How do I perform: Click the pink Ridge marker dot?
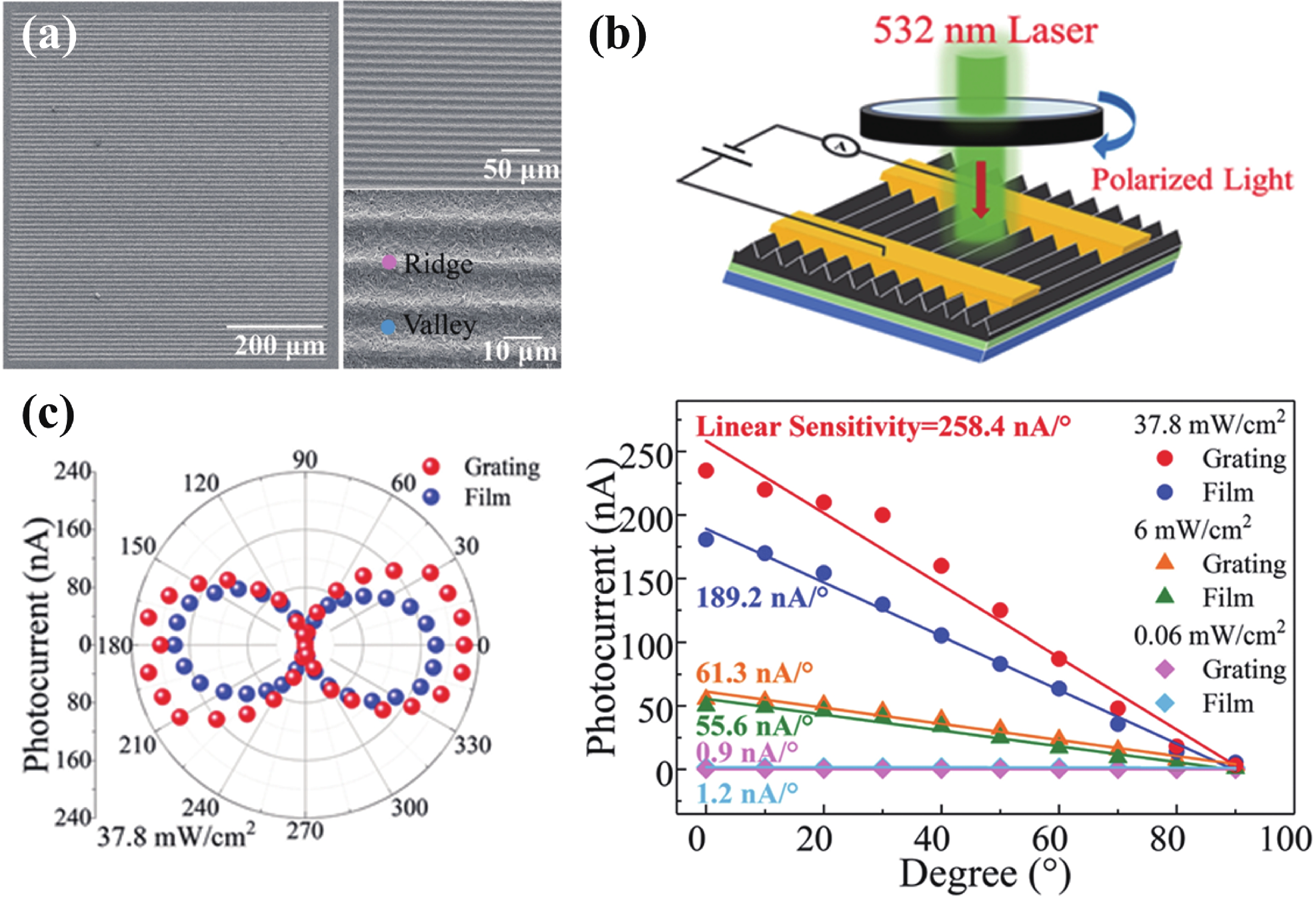389,262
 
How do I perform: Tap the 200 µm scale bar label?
280,345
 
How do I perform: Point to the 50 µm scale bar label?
521,169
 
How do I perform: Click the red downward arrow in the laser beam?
981,189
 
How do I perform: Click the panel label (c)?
48,416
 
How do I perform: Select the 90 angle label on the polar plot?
305,460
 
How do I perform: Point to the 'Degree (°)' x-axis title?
984,874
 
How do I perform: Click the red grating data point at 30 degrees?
883,515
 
